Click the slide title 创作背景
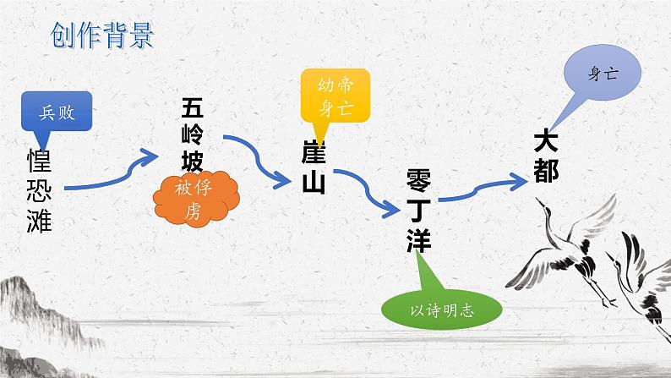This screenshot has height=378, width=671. pos(101,36)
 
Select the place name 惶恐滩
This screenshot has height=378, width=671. pos(40,191)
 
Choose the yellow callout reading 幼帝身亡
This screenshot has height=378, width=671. pos(335,96)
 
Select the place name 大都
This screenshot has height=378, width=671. pos(547,157)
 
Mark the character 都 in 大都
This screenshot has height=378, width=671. pos(547,172)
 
